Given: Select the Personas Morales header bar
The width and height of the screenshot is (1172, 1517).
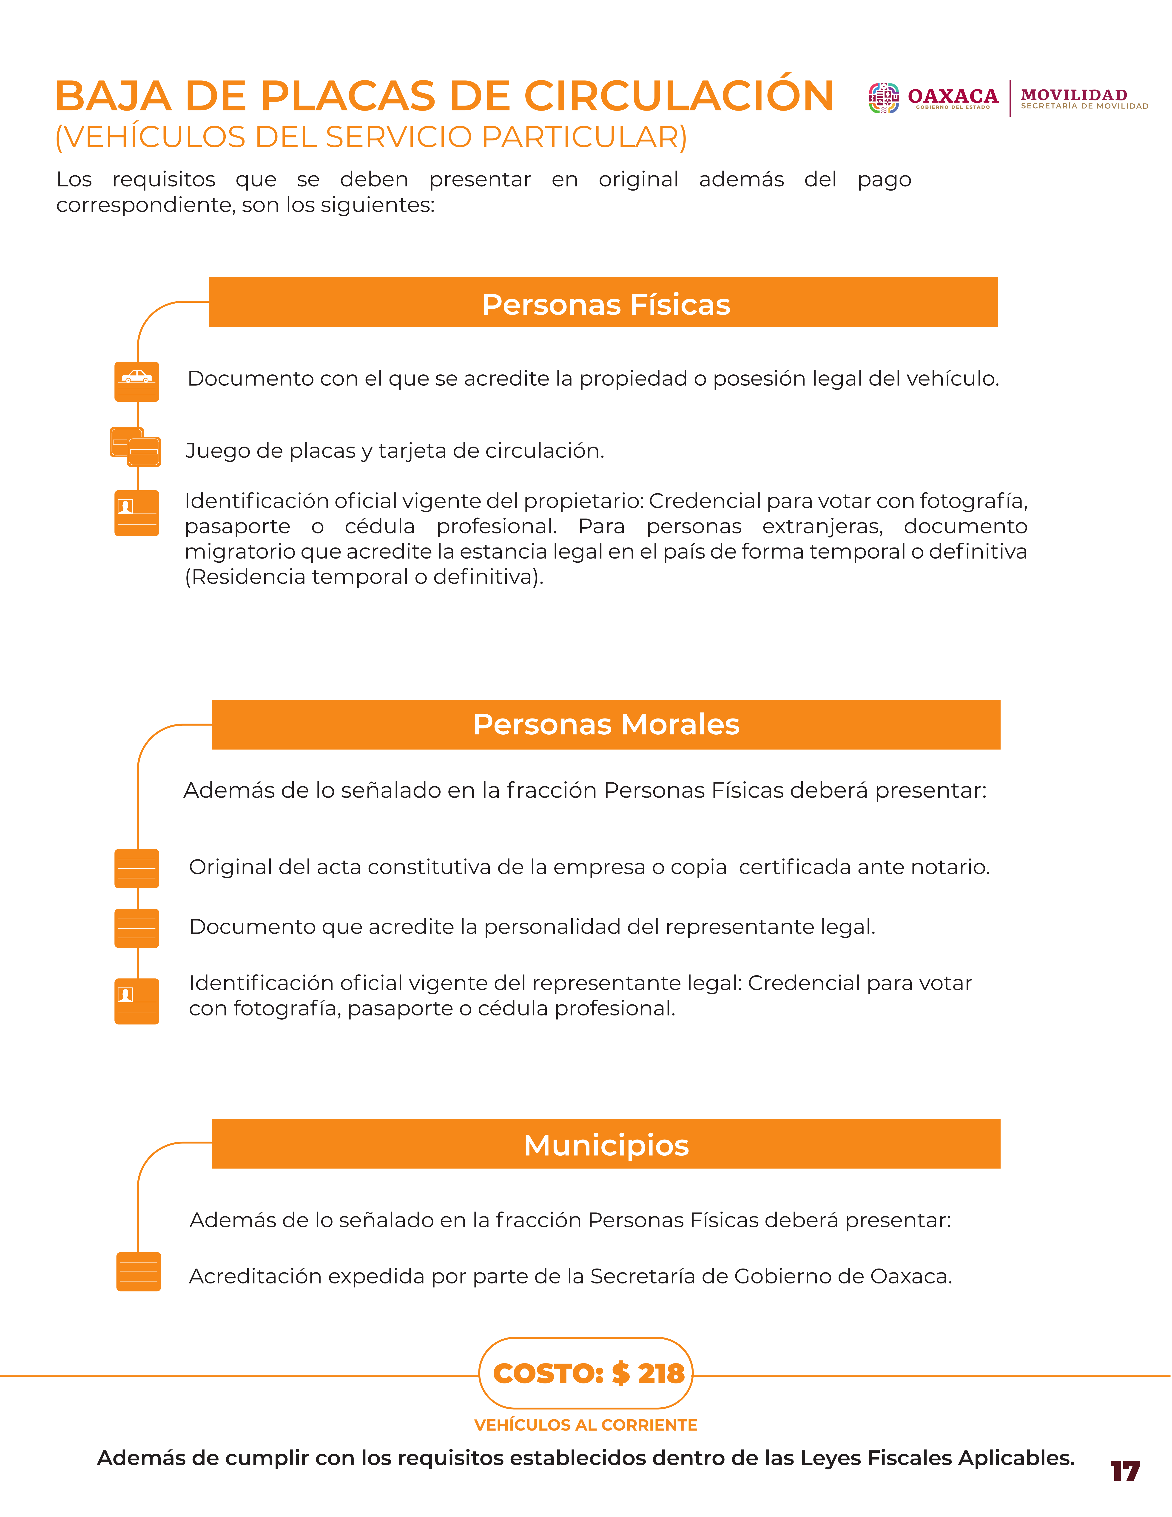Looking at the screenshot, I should coord(606,724).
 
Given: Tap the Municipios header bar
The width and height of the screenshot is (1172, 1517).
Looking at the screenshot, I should coord(606,1144).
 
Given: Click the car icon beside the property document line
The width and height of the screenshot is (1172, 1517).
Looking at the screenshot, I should coord(137,381).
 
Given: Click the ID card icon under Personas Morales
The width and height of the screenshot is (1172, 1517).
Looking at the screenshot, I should coord(137,1001).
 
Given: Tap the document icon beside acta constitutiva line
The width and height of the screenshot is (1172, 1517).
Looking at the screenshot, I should coord(137,868).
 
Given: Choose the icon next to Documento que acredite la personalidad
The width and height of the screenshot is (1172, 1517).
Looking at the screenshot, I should coord(137,928).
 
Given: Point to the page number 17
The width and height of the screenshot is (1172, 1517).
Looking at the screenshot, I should coord(1125,1471).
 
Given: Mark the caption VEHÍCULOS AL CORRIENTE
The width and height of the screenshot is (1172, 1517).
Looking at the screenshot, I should coord(585,1425).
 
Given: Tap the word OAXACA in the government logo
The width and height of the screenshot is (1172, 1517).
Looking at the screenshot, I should coord(953,96).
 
